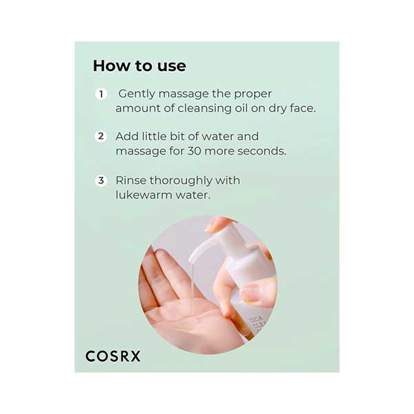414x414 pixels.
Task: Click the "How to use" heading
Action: click(139, 66)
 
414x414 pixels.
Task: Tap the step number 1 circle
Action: click(101, 94)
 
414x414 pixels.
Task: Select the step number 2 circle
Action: click(101, 136)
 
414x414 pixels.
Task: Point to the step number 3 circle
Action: click(101, 181)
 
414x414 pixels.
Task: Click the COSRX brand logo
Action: click(113, 356)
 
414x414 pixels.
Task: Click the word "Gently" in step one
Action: click(137, 95)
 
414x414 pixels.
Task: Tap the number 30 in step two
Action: click(195, 151)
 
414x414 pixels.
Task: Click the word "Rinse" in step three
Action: click(130, 181)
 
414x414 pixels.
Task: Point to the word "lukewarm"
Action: click(144, 195)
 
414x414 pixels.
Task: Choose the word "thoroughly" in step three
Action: click(181, 181)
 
